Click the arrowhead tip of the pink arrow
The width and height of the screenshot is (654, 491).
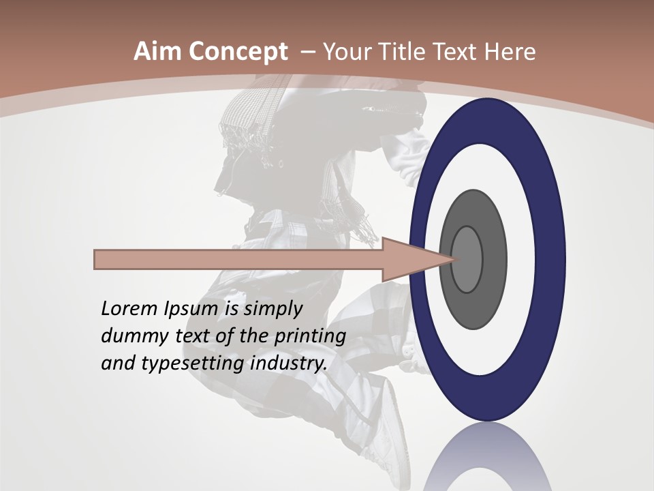tap(452, 259)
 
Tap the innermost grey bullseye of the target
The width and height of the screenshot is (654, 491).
tap(467, 260)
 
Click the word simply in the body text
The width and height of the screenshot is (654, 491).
tap(272, 309)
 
